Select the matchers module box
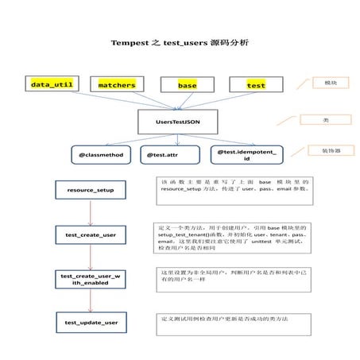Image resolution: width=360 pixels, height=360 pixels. tap(116, 84)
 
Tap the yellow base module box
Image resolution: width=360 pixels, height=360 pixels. tap(187, 85)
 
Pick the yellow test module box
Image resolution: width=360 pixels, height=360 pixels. tap(256, 85)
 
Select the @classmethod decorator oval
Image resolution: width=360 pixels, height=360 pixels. tap(100, 156)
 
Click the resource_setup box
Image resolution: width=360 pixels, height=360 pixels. tap(91, 192)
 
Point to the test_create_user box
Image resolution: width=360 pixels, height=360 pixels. tap(91, 235)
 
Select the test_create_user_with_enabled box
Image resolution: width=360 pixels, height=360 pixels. tap(91, 279)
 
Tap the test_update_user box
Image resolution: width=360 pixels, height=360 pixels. tap(91, 323)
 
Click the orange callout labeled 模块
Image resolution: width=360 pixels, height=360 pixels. tap(324, 83)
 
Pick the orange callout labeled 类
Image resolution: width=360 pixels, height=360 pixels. tap(324, 120)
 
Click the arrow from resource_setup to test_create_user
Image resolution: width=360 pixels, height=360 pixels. tap(91, 213)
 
